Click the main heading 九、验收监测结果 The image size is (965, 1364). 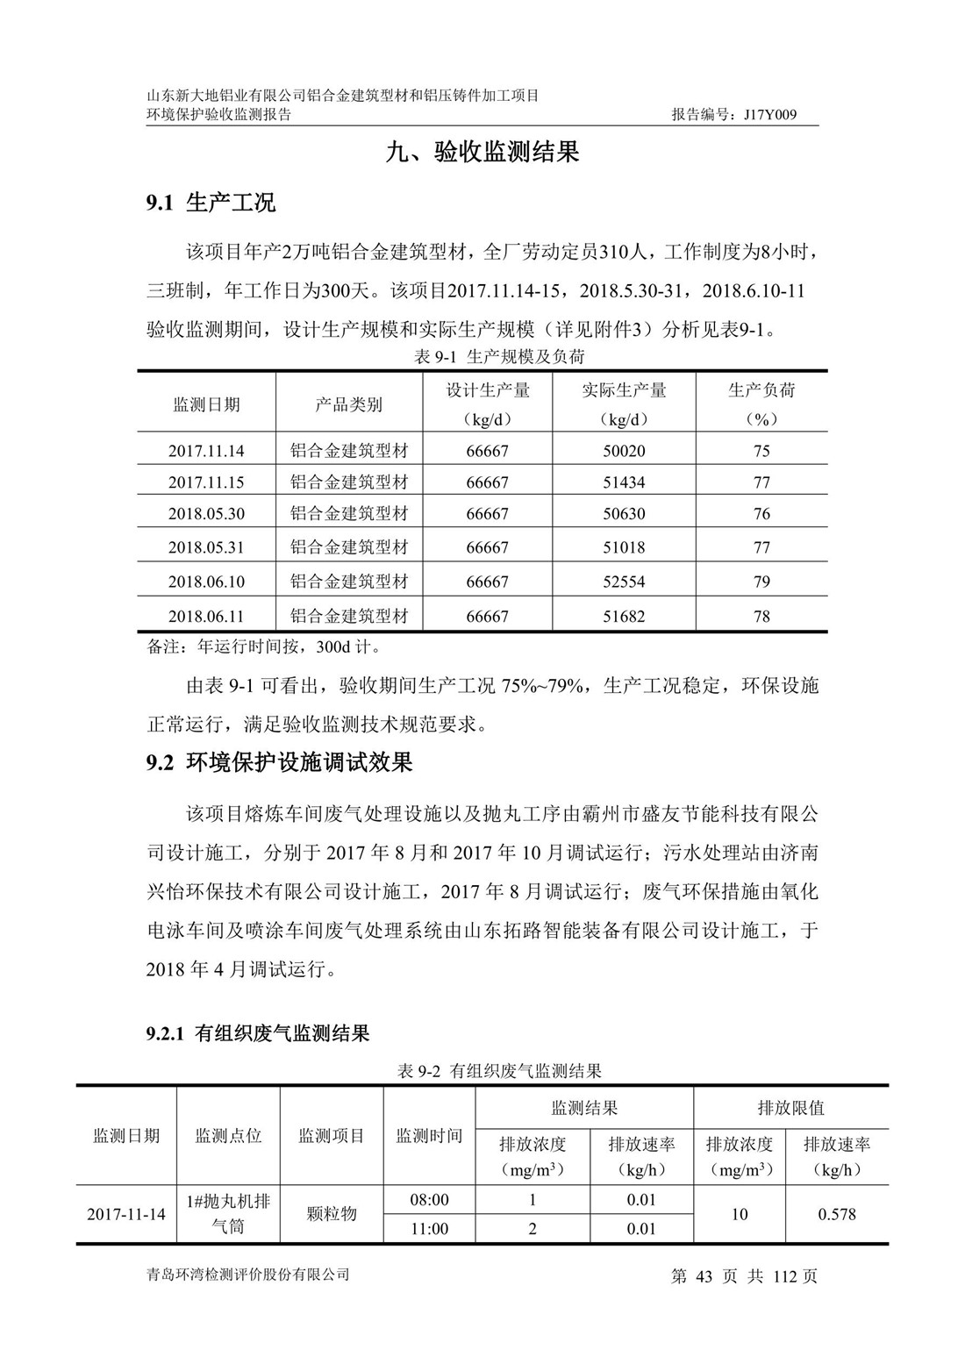482,153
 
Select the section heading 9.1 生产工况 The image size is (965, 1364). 211,204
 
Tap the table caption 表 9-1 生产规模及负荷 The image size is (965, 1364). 499,356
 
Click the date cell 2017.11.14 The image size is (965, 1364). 206,451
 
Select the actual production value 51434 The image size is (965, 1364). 624,482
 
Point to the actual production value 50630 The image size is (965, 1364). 624,514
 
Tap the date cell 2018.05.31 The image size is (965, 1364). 206,547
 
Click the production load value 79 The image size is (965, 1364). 761,582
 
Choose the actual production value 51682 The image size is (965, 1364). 624,617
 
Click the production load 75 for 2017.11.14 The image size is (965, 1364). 761,451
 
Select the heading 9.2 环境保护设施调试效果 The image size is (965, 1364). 279,762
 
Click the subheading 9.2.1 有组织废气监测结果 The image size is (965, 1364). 258,1034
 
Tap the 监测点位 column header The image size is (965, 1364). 228,1136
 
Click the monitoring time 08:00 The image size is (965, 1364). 429,1200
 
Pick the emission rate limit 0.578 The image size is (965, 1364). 837,1214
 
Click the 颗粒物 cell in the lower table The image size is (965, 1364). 332,1214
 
